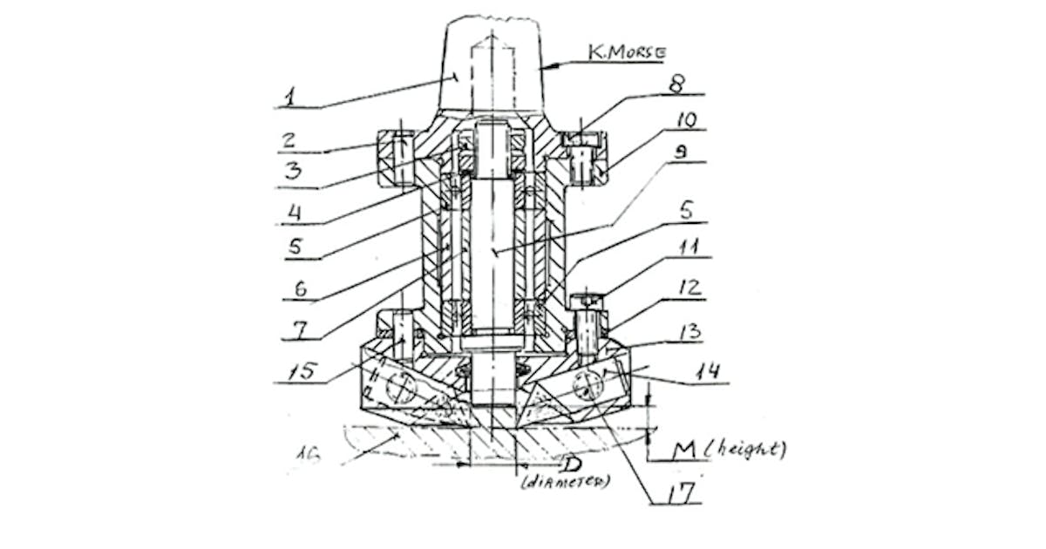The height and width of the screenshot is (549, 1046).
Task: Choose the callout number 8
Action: click(x=676, y=84)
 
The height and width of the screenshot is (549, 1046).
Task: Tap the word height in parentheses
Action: click(x=746, y=450)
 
